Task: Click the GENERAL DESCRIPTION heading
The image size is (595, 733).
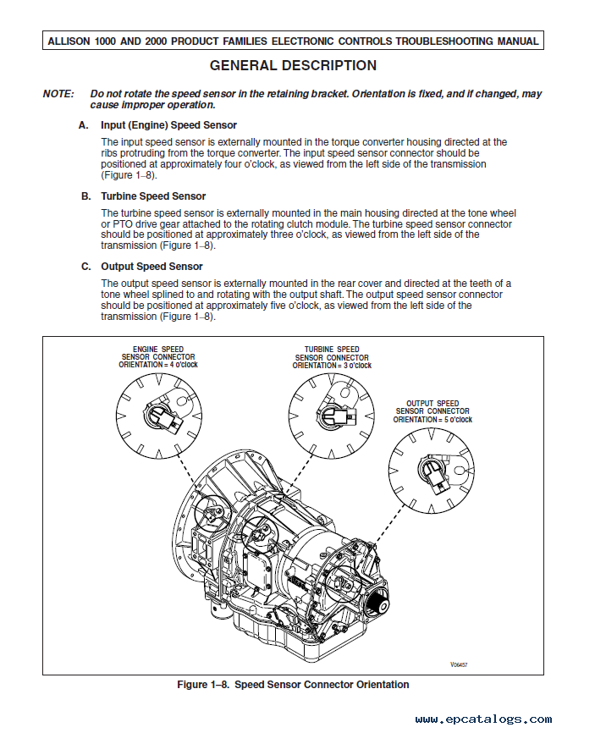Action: [x=293, y=66]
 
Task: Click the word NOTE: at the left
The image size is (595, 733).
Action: [x=58, y=94]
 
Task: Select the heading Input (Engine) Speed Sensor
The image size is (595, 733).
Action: [x=168, y=125]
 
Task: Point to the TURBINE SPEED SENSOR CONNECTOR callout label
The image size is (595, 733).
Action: [x=332, y=356]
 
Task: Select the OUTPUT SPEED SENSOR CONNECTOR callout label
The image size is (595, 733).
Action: [x=432, y=411]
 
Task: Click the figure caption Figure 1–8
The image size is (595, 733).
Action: [x=293, y=685]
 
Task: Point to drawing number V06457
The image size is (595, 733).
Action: [x=458, y=665]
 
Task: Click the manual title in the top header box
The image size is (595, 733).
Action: [x=293, y=41]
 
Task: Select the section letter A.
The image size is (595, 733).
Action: [x=84, y=125]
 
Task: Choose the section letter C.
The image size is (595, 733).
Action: [x=85, y=267]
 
